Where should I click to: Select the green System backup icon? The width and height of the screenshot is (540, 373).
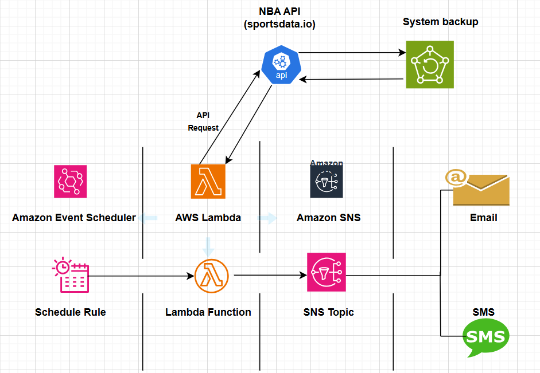(429, 64)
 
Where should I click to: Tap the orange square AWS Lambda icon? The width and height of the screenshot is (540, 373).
(208, 181)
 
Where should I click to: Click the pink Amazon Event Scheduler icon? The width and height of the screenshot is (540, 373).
(70, 181)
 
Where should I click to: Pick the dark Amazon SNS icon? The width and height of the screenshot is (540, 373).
(327, 182)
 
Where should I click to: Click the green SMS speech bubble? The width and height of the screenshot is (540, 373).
(485, 337)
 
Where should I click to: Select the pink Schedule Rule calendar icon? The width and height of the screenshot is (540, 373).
(70, 276)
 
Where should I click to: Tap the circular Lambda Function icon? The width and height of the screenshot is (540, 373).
(212, 276)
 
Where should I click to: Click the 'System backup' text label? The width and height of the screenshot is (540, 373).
(440, 22)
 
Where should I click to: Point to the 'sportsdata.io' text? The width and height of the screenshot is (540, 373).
(280, 25)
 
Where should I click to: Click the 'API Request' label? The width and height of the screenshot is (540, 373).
(203, 121)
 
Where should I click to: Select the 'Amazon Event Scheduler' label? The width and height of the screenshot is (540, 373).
(74, 218)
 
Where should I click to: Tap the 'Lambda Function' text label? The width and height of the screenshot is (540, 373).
(208, 312)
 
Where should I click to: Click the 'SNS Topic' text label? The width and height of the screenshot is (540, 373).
(328, 312)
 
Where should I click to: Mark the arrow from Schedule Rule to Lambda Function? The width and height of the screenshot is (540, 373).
(141, 276)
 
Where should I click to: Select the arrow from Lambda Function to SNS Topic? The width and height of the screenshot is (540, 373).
(270, 276)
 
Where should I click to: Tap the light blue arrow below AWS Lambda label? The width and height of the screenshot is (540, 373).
(208, 247)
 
